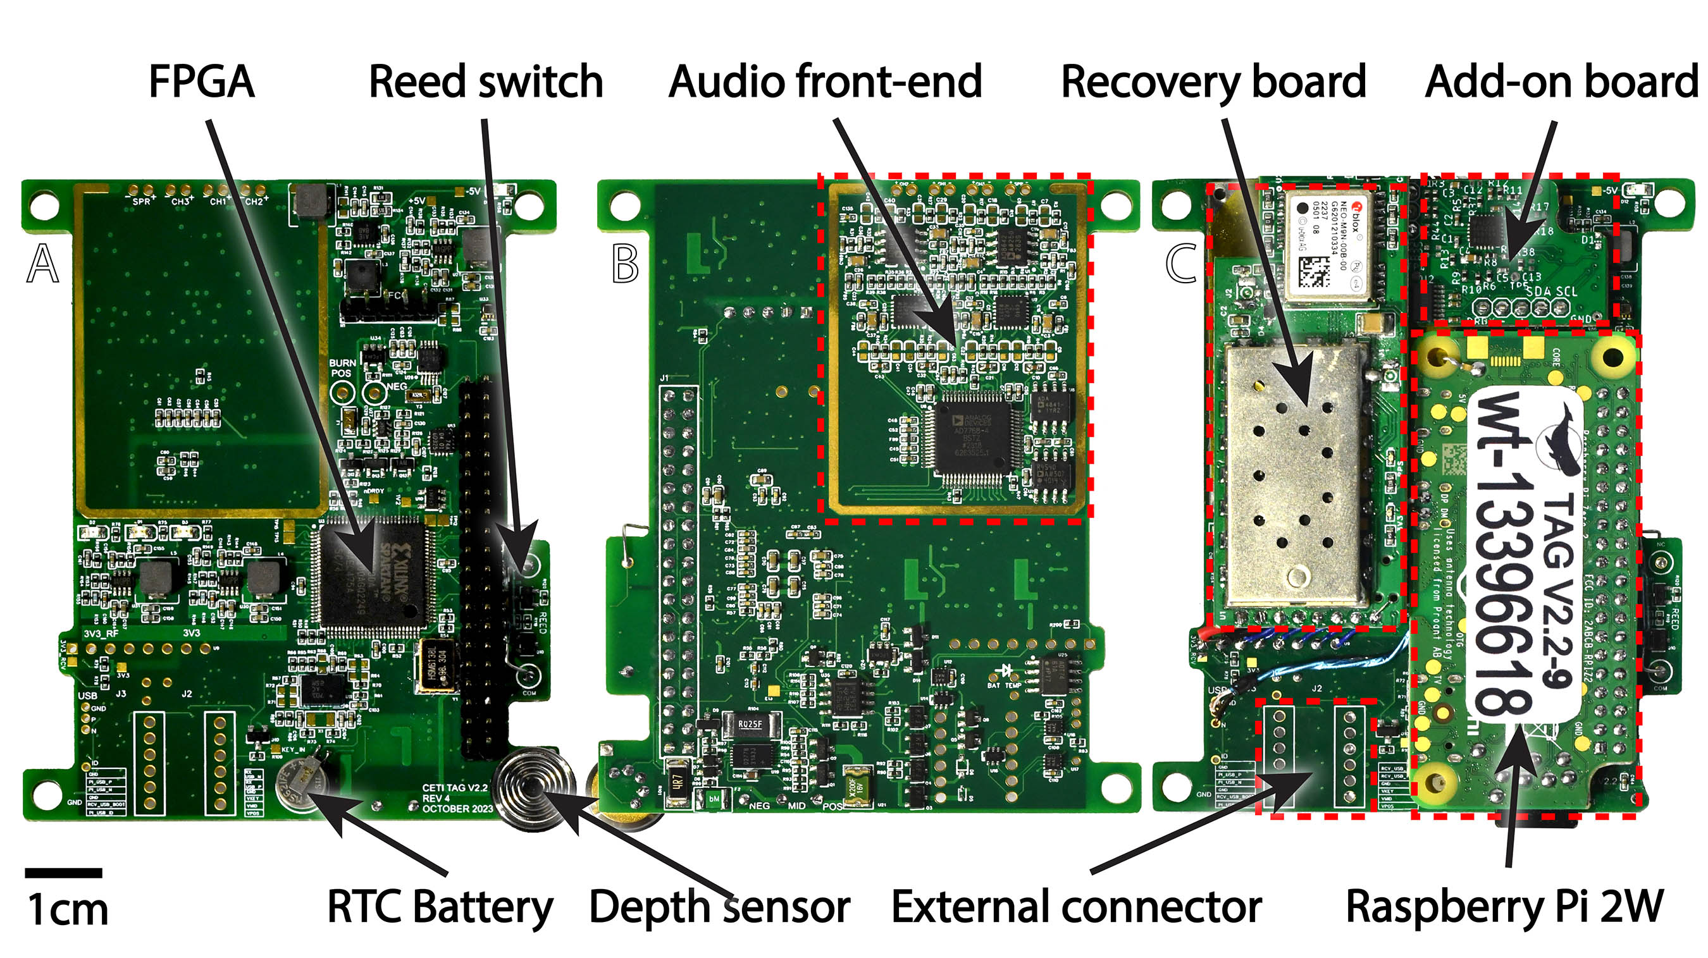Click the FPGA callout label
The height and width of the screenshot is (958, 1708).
pos(201,82)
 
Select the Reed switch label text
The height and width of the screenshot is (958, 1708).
pos(485,82)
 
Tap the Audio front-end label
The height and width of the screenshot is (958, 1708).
pos(825,82)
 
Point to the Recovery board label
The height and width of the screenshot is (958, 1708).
pos(1213,82)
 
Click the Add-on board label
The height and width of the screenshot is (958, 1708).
pos(1561,82)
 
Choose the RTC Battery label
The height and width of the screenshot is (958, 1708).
pos(440,906)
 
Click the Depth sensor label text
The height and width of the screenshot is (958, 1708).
pos(719,906)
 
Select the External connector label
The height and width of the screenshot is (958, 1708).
pos(1076,906)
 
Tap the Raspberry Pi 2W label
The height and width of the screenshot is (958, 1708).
pos(1504,906)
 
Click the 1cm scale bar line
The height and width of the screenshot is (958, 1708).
pos(64,873)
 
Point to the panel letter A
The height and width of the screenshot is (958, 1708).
pos(43,263)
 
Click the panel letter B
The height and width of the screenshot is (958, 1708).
pos(625,263)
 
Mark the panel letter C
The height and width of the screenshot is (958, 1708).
pos(1181,263)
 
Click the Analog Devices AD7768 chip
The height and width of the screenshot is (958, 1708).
pos(974,438)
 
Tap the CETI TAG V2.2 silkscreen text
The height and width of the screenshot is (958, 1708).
pos(455,797)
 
